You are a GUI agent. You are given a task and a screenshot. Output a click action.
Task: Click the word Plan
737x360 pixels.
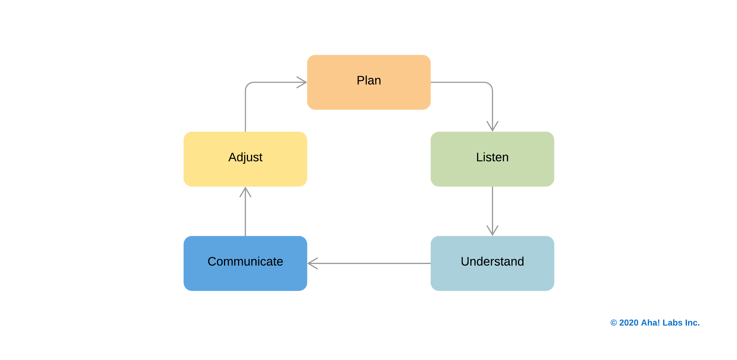tap(369, 80)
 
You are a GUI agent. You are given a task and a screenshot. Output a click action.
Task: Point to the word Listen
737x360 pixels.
tap(492, 157)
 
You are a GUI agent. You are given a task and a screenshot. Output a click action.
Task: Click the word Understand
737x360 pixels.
tap(492, 262)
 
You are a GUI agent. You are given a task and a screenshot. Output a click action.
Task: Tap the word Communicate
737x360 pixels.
tap(245, 262)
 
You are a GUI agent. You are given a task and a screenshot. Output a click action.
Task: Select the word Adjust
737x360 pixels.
tap(245, 157)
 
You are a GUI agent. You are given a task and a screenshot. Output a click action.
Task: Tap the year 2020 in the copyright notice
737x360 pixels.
tap(629, 323)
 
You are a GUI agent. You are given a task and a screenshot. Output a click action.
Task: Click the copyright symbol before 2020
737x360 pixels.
tap(613, 323)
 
